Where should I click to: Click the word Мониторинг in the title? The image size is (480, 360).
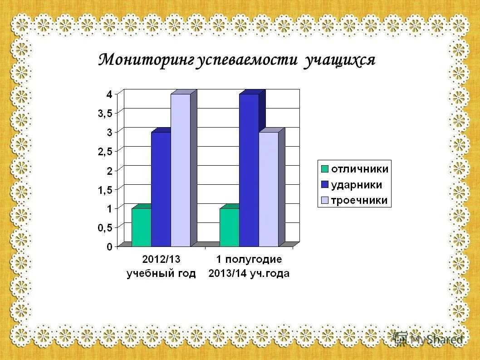(147, 59)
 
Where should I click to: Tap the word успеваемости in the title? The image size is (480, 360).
(247, 59)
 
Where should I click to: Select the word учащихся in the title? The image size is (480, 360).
(340, 60)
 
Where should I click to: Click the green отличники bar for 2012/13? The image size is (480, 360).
(141, 227)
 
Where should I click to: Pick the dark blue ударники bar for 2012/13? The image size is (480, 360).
(161, 188)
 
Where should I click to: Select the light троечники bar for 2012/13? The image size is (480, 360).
(181, 169)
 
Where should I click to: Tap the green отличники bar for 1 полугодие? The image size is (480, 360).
(229, 227)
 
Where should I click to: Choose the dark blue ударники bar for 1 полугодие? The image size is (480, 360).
(249, 169)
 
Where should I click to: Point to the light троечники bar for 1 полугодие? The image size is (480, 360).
(269, 188)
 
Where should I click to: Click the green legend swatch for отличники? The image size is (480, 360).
(325, 169)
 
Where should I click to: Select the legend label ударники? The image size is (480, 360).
(356, 185)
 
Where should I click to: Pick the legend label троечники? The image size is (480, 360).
(359, 200)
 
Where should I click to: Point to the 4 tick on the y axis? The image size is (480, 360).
(109, 94)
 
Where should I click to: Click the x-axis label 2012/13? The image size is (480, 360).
(161, 260)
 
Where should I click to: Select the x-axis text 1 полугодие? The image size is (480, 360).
(249, 260)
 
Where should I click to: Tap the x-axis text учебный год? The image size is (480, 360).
(161, 273)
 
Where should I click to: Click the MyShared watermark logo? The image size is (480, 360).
(429, 339)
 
